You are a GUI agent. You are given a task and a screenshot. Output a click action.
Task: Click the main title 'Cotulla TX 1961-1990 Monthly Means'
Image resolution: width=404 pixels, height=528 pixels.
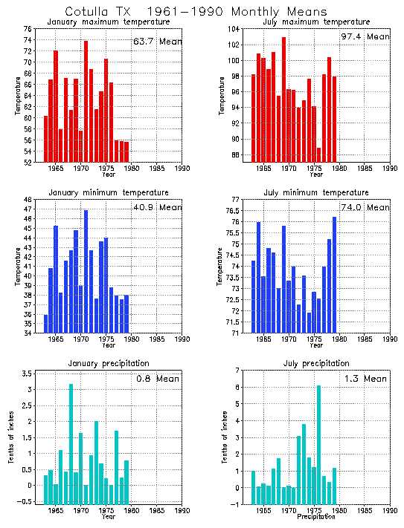click(x=195, y=12)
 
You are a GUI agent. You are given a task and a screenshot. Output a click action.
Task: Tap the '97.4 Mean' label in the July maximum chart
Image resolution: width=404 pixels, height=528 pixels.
click(x=366, y=36)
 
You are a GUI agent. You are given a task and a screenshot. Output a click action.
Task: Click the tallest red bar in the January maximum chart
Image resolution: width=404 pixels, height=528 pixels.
click(x=86, y=101)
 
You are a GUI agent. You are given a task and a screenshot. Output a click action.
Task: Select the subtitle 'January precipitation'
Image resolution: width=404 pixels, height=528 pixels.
click(x=109, y=363)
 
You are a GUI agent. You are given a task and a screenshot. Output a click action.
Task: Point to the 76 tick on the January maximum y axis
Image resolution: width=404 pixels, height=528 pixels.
click(x=28, y=29)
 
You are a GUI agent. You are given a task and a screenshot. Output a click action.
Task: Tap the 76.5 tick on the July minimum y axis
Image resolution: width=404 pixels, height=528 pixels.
click(x=232, y=211)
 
